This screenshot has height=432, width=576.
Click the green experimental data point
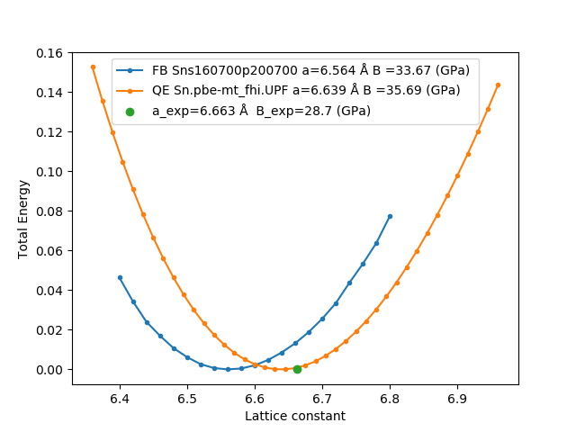coord(297,369)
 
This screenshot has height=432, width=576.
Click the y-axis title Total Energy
coord(23,219)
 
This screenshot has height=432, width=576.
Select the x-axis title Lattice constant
coord(295,416)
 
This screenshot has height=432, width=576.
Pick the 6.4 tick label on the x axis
coord(120,398)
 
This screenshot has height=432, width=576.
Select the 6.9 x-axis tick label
coord(457,398)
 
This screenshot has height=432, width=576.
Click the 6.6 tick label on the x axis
coord(255,398)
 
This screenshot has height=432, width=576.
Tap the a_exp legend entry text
coord(261,111)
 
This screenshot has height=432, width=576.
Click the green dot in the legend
coord(130,112)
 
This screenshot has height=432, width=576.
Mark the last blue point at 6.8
coord(390,216)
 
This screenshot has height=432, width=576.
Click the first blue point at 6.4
coord(120,277)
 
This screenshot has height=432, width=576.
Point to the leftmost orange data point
coord(93,67)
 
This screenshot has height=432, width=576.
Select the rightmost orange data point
coord(498,85)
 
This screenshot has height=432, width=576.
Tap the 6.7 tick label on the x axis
coord(322,398)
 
